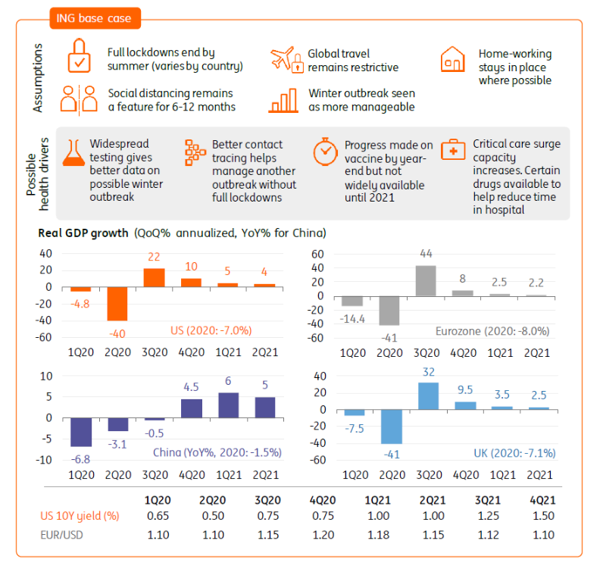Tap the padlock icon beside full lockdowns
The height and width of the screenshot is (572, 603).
tap(79, 58)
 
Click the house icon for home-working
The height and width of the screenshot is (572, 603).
tap(452, 59)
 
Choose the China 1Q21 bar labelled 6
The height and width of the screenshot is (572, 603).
tap(228, 405)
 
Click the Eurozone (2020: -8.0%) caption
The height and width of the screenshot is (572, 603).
tap(492, 331)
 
